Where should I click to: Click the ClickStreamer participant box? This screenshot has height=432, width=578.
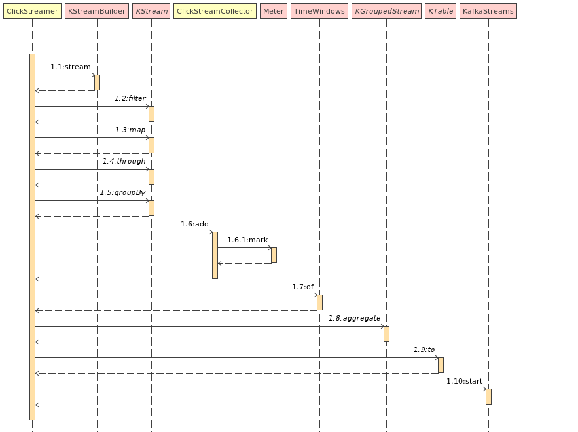click(x=32, y=11)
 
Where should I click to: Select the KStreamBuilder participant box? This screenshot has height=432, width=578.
click(x=97, y=11)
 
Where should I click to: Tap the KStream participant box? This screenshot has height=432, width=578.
click(x=151, y=11)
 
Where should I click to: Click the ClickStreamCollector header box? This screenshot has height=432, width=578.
click(x=215, y=11)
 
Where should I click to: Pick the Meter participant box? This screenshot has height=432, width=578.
click(x=274, y=11)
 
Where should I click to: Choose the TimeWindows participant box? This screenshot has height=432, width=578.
click(x=319, y=11)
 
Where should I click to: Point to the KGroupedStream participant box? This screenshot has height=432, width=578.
click(x=386, y=11)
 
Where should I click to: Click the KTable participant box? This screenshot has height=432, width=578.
click(x=441, y=11)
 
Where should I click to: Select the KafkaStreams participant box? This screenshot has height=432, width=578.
click(x=488, y=11)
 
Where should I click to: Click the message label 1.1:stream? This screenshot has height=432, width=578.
click(x=70, y=67)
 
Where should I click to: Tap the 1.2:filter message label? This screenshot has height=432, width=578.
click(x=130, y=98)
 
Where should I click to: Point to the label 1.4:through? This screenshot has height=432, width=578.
click(x=124, y=161)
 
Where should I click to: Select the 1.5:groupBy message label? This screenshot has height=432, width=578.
click(x=122, y=192)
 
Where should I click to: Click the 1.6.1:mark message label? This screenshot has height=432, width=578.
click(x=247, y=240)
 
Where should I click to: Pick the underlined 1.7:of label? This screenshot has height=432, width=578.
click(x=302, y=287)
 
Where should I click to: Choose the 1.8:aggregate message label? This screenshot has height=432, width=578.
click(x=354, y=318)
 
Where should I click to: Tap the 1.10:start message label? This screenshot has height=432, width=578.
click(x=464, y=381)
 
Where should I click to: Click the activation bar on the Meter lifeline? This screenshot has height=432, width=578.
click(x=274, y=255)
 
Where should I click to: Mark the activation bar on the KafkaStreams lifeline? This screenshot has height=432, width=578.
click(x=488, y=397)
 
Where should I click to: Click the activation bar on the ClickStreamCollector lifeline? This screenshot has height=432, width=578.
click(x=215, y=255)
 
